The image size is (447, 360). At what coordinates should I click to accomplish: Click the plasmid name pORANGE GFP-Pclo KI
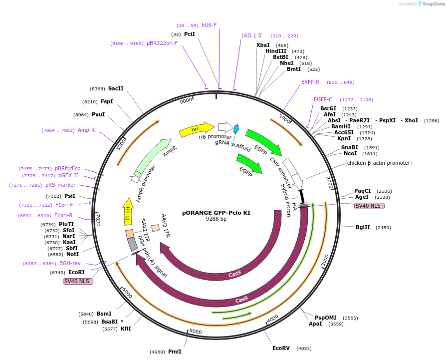tap(216, 213)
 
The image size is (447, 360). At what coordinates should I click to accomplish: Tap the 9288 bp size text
tap(216, 219)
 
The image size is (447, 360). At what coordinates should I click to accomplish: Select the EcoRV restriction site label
tap(281, 348)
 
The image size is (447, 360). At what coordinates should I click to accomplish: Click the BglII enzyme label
tap(363, 227)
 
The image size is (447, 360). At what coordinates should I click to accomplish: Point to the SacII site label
tap(116, 88)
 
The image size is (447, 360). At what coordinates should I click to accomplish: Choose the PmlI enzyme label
tap(175, 352)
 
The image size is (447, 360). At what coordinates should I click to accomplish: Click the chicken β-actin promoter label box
tap(378, 163)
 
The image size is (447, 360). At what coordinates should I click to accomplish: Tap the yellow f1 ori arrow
tap(128, 211)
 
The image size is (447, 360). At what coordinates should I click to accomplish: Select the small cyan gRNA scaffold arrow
tap(236, 129)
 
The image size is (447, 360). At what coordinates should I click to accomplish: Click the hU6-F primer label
tap(209, 25)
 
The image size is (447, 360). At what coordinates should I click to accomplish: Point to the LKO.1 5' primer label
tap(252, 35)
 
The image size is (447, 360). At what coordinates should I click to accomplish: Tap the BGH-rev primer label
tap(70, 263)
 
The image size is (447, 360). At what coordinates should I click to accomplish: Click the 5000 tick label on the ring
tap(196, 331)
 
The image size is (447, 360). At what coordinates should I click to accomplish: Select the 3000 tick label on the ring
tap(325, 260)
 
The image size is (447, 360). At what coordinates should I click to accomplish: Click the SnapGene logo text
tap(431, 3)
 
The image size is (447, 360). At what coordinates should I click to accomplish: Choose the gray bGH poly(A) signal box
tap(132, 244)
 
